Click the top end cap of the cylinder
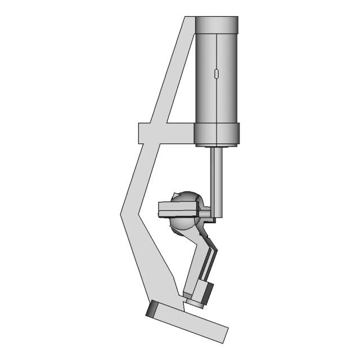[217, 24]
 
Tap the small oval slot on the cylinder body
[217, 74]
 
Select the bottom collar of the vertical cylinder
[217, 134]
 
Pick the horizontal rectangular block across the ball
[177, 209]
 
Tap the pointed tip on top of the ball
[177, 195]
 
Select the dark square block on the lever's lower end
[205, 292]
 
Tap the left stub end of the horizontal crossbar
[145, 133]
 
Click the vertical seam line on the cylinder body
[217, 101]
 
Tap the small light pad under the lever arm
[194, 303]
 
